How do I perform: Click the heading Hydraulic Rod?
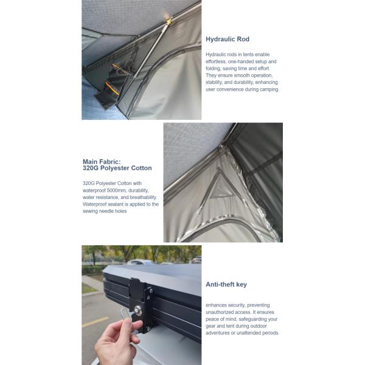228,39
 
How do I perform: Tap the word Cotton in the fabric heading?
141,168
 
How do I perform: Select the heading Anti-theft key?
226,285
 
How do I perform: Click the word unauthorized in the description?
218,312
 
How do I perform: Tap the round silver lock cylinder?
138,310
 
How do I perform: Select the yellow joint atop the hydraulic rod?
169,21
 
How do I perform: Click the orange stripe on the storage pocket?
111,88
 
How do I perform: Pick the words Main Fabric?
102,162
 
